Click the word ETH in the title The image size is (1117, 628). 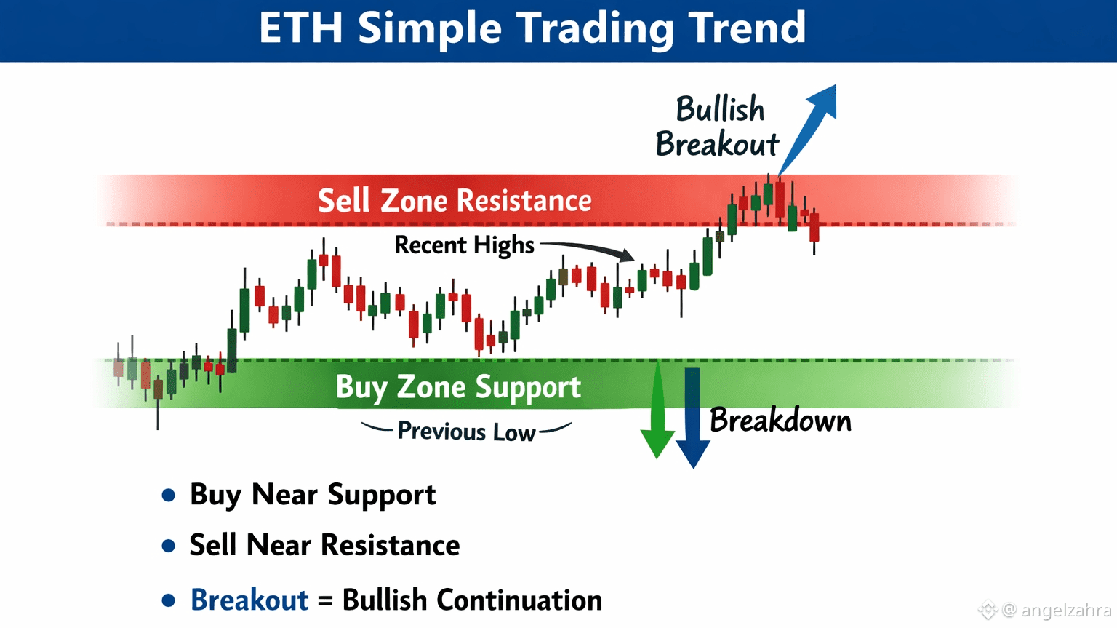click(300, 28)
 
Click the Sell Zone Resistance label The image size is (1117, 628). click(455, 201)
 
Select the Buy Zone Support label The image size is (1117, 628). click(458, 386)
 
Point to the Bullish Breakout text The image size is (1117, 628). click(717, 126)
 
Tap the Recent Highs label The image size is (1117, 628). click(464, 245)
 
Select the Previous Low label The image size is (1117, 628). click(466, 432)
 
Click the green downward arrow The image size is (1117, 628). click(657, 410)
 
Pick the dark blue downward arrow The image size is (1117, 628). click(692, 418)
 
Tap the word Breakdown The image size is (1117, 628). click(780, 420)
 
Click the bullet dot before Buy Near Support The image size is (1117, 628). click(169, 496)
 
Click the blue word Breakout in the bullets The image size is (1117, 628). click(249, 600)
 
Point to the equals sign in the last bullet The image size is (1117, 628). click(325, 600)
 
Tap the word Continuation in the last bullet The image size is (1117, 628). click(519, 600)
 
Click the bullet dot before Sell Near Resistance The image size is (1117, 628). click(169, 545)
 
